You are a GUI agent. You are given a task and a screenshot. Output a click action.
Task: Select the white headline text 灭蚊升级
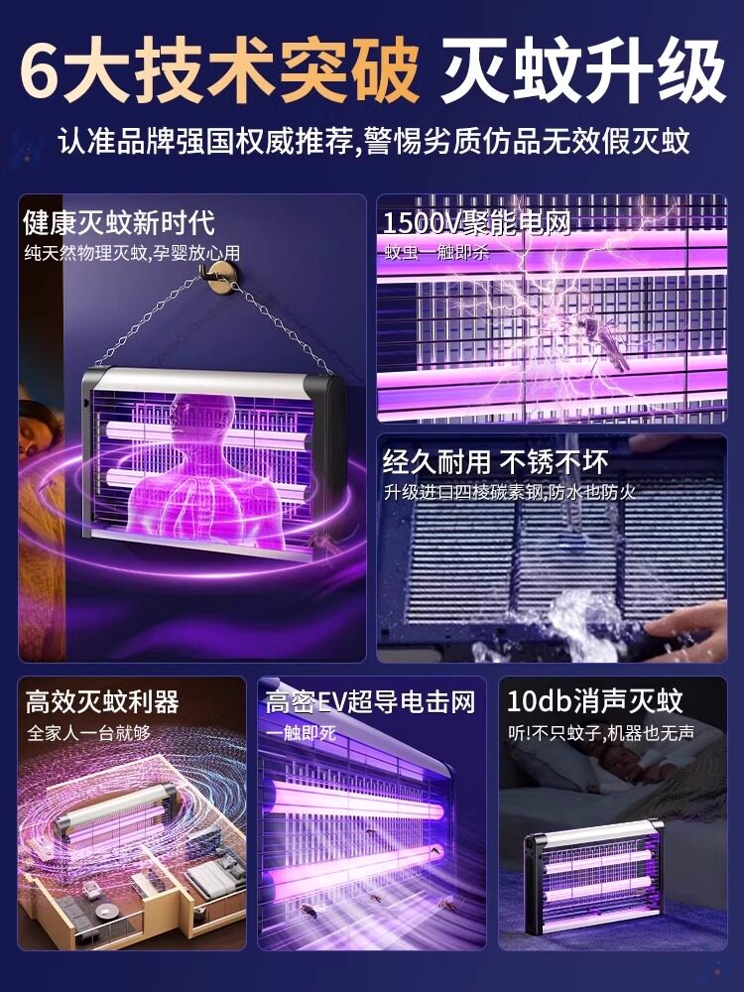pyautogui.click(x=582, y=70)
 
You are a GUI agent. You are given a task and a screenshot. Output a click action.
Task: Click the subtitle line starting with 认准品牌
pyautogui.click(x=374, y=141)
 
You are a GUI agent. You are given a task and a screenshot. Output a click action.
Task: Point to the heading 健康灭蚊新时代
pyautogui.click(x=119, y=222)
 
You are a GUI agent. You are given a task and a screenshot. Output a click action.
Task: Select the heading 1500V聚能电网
pyautogui.click(x=477, y=222)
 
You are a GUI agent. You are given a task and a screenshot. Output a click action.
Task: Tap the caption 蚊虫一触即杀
pyautogui.click(x=437, y=253)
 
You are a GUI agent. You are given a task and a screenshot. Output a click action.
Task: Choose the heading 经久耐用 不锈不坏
pyautogui.click(x=495, y=462)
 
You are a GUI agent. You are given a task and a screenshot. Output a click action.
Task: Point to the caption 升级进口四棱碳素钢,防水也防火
pyautogui.click(x=509, y=492)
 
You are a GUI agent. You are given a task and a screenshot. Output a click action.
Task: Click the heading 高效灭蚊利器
pyautogui.click(x=102, y=701)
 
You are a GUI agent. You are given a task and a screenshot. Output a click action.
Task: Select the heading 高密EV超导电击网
pyautogui.click(x=370, y=702)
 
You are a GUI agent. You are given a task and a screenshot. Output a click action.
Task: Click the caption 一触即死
pyautogui.click(x=301, y=733)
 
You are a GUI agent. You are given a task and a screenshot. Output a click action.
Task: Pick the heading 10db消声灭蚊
pyautogui.click(x=594, y=701)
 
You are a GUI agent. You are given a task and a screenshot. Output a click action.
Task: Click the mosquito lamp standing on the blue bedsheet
pyautogui.click(x=594, y=876)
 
